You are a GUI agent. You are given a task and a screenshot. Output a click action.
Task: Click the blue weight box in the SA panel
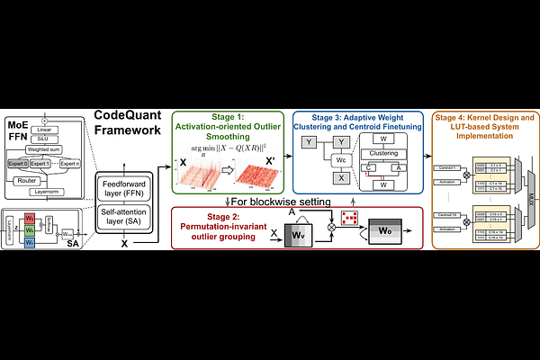click(29, 242)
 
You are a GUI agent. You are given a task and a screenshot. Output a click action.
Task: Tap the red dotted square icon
click(350, 217)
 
